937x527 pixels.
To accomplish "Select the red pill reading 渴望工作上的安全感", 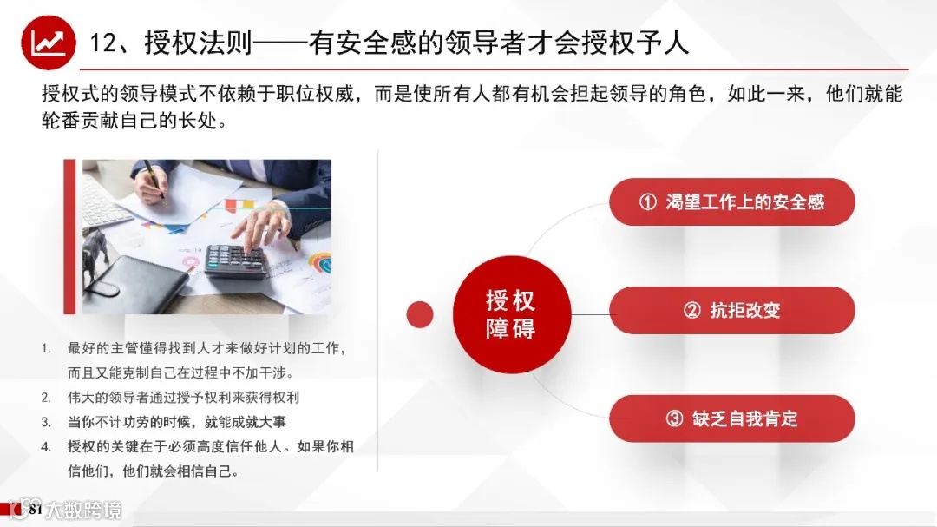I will pos(731,202).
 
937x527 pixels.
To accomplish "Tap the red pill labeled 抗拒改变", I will pos(731,310).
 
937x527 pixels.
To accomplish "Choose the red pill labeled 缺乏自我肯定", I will pos(731,418).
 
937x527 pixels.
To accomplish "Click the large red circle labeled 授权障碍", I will pos(510,314).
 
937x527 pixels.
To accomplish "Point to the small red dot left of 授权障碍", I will pos(420,314).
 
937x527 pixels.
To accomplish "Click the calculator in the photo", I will pos(235,260).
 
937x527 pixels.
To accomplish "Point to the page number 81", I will pos(36,511).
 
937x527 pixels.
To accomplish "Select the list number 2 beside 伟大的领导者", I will pos(46,398).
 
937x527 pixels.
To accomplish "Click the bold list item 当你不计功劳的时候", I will pos(177,422).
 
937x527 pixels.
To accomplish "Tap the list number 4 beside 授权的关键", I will pos(46,447).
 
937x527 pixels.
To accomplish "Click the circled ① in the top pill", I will pos(647,202).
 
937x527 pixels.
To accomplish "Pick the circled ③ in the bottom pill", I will pos(674,418).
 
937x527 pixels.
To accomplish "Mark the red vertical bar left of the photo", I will pos(69,236).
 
